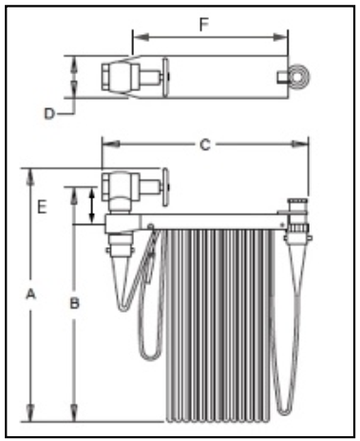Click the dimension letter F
204,25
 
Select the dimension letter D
49,114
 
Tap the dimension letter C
205,144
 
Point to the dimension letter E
42,207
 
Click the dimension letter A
30,295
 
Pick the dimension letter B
74,303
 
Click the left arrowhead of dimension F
141,37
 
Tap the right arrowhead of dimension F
280,37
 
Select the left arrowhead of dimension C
110,144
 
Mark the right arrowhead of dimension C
300,144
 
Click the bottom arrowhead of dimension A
30,412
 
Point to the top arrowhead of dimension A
30,178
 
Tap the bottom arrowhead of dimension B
74,412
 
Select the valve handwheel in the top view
166,77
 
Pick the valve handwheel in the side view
166,187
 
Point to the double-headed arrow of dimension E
92,205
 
